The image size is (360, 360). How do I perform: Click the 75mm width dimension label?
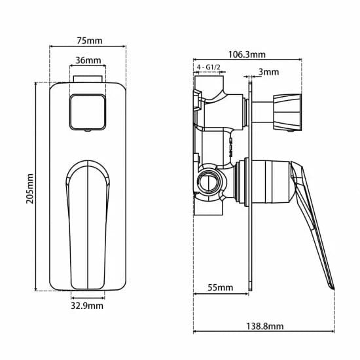click(x=90, y=40)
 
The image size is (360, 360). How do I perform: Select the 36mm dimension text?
click(x=88, y=61)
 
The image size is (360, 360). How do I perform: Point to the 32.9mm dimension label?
click(x=87, y=305)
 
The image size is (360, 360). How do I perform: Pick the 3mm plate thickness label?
click(x=268, y=71)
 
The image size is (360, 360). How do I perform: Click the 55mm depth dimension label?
click(x=220, y=287)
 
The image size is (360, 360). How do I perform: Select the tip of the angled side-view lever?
click(x=331, y=285)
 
